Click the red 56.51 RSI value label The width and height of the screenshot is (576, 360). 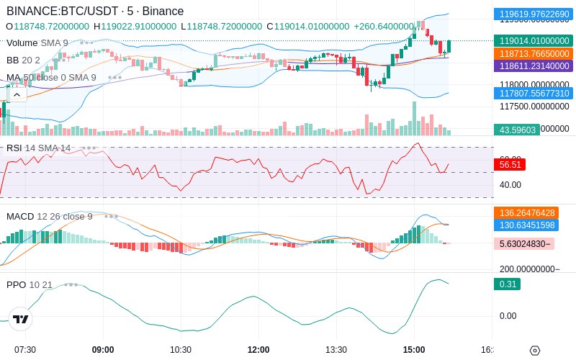510,164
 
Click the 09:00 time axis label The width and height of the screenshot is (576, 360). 103,350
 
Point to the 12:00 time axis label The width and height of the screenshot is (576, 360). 258,350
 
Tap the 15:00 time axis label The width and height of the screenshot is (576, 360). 414,350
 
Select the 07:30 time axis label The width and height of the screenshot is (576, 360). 25,350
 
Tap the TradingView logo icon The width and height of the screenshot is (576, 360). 21,319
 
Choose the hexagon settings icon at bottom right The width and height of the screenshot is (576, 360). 534,351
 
